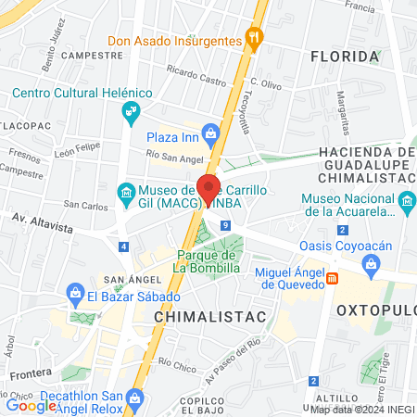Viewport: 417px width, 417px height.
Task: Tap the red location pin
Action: coord(208,188)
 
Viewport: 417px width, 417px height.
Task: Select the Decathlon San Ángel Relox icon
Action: coord(134,398)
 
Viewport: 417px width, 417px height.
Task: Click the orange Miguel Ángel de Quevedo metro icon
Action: coord(333,277)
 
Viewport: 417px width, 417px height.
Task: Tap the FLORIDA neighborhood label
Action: coord(345,57)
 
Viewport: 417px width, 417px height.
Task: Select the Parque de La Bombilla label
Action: coord(208,261)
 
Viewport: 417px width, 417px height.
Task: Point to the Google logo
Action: coord(32,404)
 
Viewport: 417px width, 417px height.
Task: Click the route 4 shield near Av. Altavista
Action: coord(123,246)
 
